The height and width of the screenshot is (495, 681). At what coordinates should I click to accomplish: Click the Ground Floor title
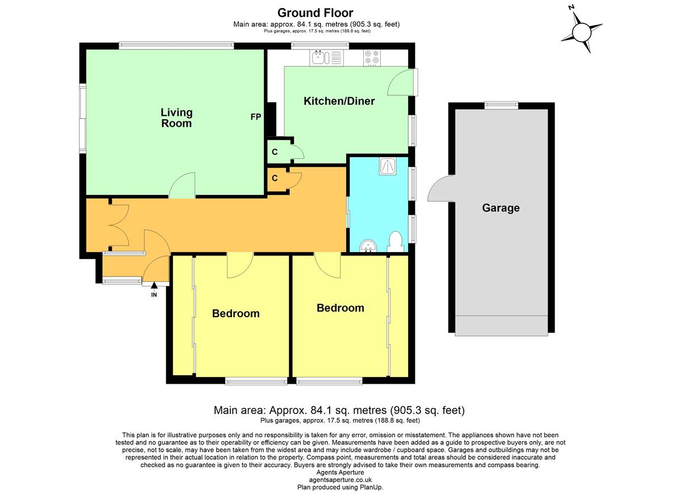pyautogui.click(x=316, y=12)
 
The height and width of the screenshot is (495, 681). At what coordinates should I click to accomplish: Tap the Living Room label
pyautogui.click(x=176, y=118)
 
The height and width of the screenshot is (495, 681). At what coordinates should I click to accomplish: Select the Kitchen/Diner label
pyautogui.click(x=339, y=101)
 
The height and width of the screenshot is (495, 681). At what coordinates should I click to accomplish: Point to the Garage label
pyautogui.click(x=501, y=208)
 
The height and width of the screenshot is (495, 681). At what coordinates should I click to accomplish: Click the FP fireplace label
pyautogui.click(x=256, y=117)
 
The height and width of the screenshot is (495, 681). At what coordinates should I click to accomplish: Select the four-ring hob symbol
pyautogui.click(x=372, y=58)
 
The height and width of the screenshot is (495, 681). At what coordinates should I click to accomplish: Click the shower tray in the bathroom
pyautogui.click(x=388, y=166)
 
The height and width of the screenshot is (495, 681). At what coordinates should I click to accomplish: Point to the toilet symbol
pyautogui.click(x=396, y=242)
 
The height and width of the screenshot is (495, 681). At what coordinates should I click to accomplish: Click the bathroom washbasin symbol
pyautogui.click(x=368, y=246)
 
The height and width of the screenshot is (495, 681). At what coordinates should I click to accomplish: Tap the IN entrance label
pyautogui.click(x=154, y=295)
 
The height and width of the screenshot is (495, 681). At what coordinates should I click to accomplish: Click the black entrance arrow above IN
pyautogui.click(x=154, y=285)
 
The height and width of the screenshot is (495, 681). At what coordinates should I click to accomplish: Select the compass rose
pyautogui.click(x=582, y=32)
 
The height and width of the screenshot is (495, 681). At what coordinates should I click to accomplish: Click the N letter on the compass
pyautogui.click(x=571, y=7)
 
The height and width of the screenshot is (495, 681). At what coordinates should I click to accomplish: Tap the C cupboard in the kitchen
pyautogui.click(x=275, y=152)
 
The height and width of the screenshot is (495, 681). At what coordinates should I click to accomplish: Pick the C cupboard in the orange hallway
pyautogui.click(x=275, y=178)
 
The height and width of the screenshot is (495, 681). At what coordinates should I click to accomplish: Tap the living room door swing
pyautogui.click(x=182, y=185)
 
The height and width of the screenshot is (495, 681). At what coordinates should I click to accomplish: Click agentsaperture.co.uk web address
pyautogui.click(x=340, y=480)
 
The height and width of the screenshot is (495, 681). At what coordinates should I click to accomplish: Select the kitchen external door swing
pyautogui.click(x=401, y=82)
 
